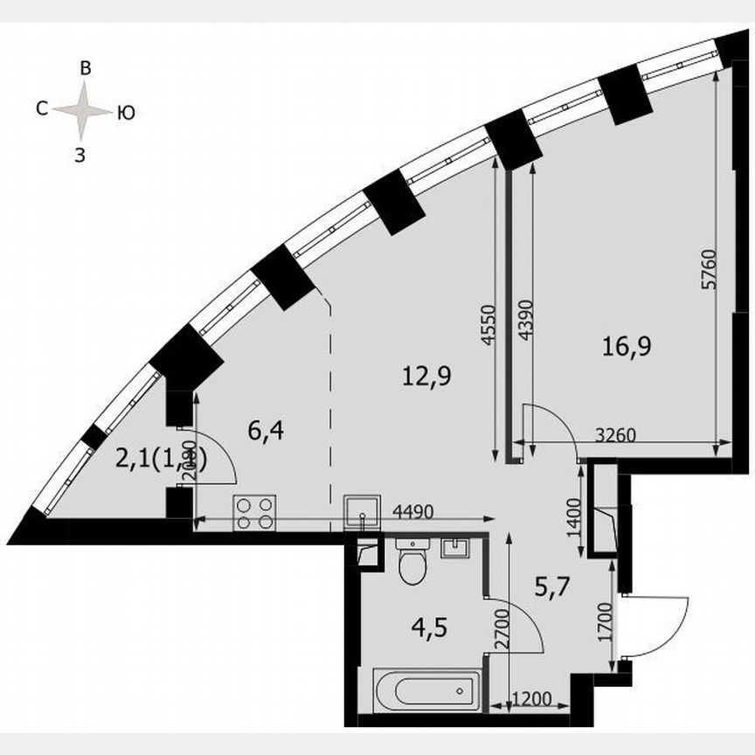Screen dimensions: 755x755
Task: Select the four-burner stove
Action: click(x=255, y=513)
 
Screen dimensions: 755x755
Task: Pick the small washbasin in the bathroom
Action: click(x=456, y=548)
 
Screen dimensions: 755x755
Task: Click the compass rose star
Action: click(x=83, y=110)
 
